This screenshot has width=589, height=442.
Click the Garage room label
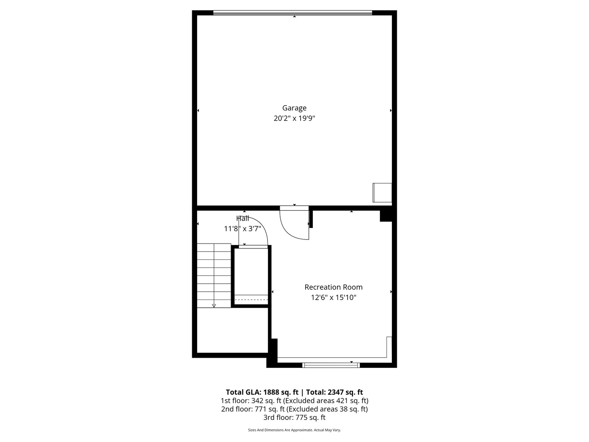[294, 108]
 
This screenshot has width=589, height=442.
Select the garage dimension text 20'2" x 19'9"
[294, 119]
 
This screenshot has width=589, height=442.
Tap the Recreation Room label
[333, 287]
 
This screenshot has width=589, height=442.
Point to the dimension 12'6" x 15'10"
[333, 298]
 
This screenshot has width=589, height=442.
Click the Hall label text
[243, 219]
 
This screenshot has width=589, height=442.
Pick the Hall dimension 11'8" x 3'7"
[243, 229]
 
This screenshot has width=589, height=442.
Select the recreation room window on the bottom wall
[331, 365]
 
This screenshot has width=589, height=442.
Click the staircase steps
[214, 275]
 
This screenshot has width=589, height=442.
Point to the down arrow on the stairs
[214, 305]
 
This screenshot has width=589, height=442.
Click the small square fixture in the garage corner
[382, 192]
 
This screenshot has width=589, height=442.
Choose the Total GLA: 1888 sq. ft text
[262, 392]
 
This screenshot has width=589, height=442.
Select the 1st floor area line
[294, 401]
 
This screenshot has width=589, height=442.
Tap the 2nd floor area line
[294, 409]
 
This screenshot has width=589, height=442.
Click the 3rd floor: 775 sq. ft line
[294, 417]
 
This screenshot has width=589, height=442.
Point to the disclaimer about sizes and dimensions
[294, 430]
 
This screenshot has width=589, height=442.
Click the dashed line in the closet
[251, 300]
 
